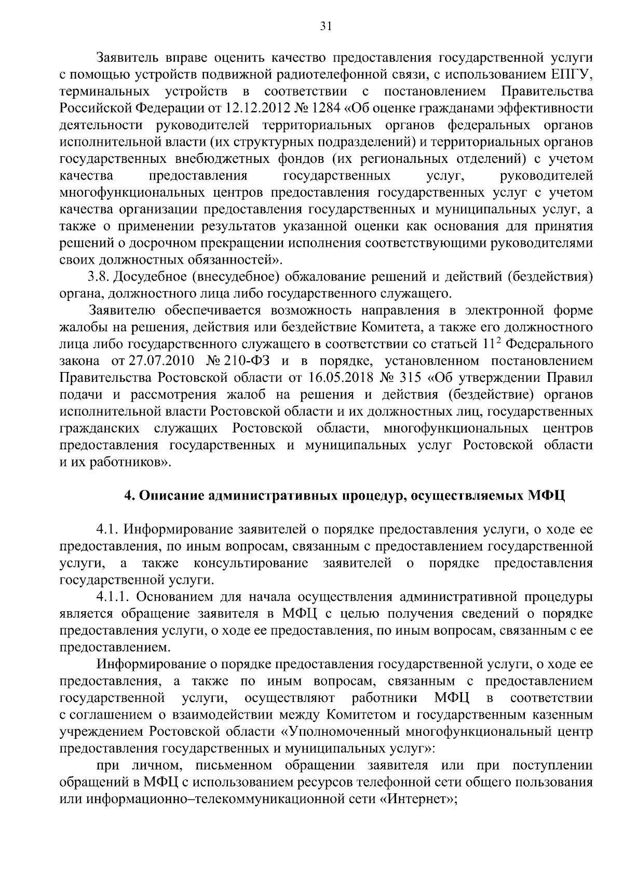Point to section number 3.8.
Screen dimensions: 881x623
(x=99, y=277)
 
